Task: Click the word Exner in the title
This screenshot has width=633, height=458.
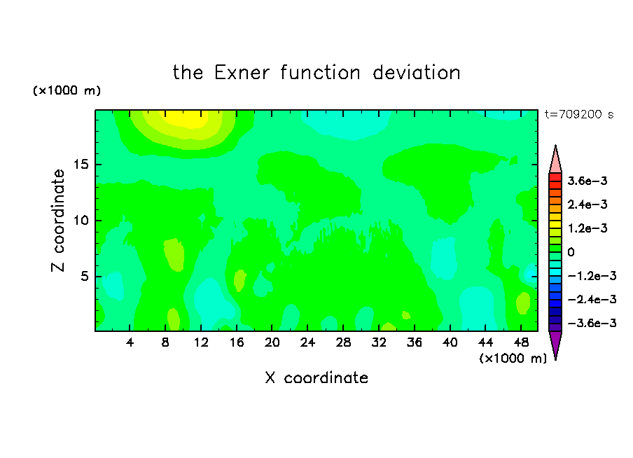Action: [x=242, y=73]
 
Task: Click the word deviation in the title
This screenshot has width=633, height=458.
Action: [x=416, y=73]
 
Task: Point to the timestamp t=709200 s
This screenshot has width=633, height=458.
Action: [x=579, y=114]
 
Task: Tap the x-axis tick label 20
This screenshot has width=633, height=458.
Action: [x=272, y=342]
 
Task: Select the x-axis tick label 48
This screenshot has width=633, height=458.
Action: [x=521, y=342]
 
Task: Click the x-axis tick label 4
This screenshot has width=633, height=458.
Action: [x=130, y=342]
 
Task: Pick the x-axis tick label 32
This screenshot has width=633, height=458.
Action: [x=379, y=342]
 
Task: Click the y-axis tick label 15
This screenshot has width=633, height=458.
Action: [x=81, y=165]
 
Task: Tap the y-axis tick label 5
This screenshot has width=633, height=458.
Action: [x=84, y=276]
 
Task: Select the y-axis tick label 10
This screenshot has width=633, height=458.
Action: [x=81, y=221]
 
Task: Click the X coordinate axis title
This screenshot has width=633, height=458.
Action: [x=316, y=377]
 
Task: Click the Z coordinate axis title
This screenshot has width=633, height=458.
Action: [x=57, y=221]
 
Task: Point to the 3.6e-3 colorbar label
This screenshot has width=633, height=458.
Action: [x=587, y=181]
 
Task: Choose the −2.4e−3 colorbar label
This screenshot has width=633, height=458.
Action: [x=592, y=299]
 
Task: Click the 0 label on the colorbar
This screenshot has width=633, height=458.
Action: [x=571, y=252]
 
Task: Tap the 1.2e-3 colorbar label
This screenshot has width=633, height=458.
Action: [x=587, y=228]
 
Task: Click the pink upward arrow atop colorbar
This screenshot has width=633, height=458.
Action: [x=555, y=160]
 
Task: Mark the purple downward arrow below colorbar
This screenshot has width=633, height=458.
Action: [x=555, y=344]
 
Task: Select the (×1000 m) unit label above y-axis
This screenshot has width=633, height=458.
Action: [x=67, y=90]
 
